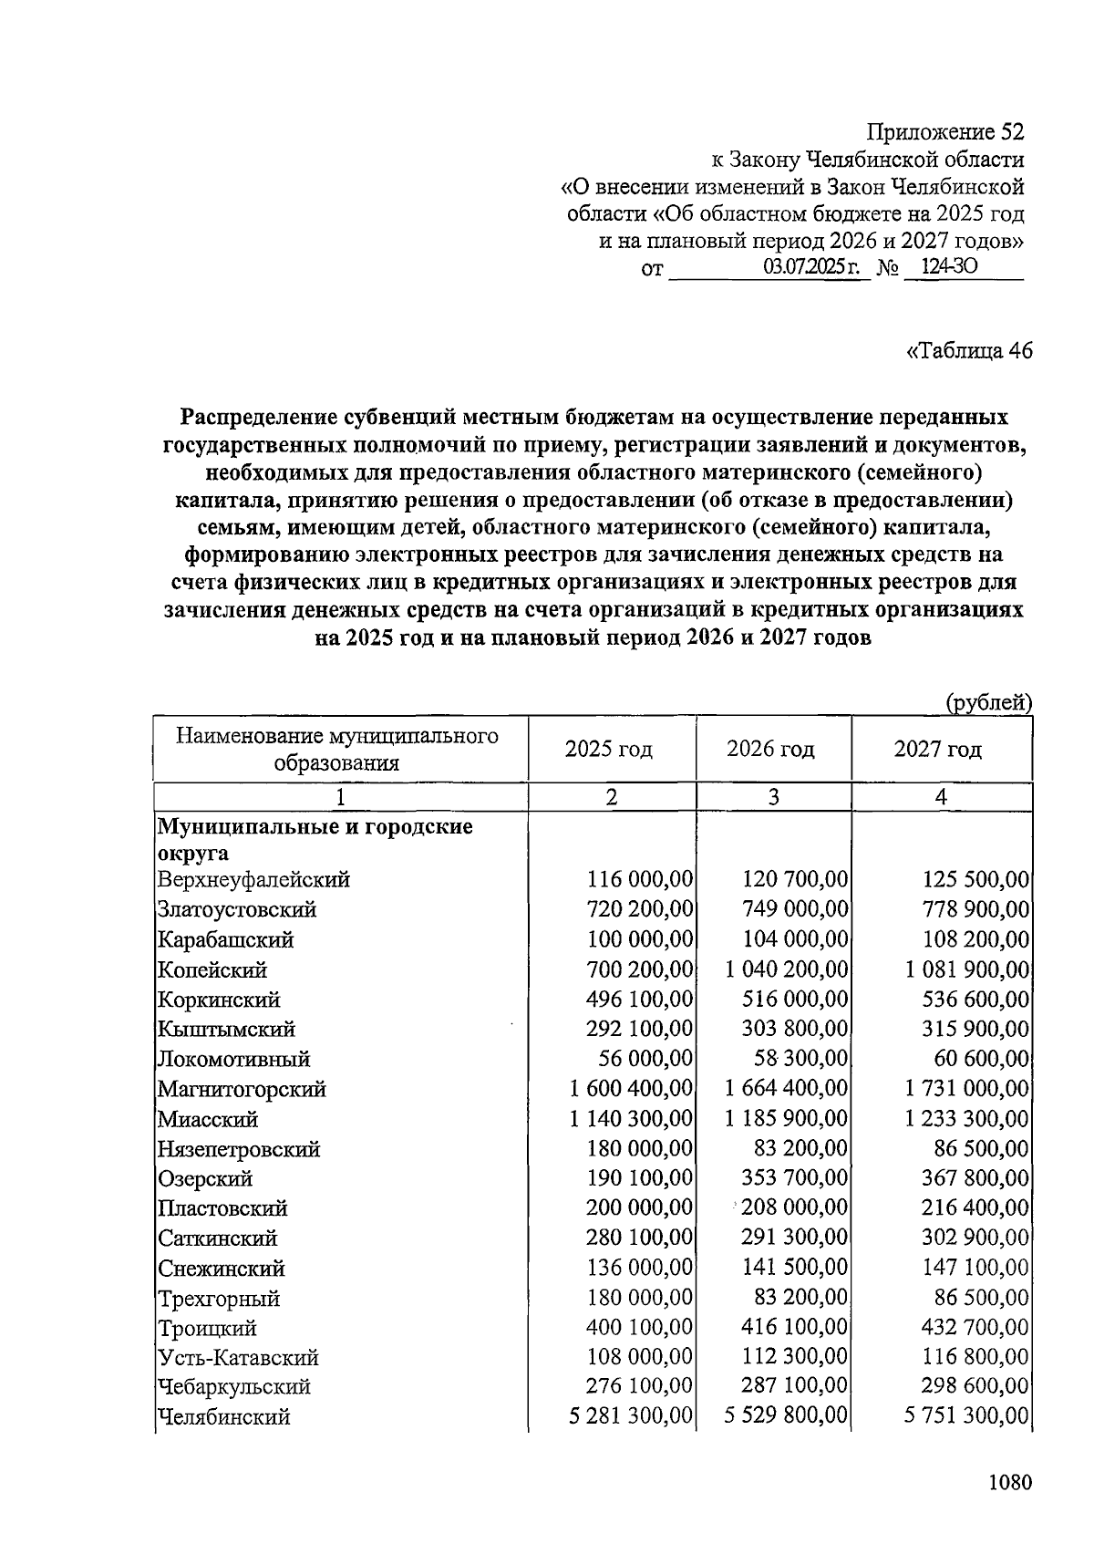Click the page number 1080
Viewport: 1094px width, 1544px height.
click(x=1009, y=1482)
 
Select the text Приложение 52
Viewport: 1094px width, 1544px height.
click(x=944, y=132)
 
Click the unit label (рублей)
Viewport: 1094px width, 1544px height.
click(x=988, y=702)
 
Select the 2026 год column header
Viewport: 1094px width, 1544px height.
click(x=771, y=749)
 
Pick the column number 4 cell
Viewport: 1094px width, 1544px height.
click(x=941, y=797)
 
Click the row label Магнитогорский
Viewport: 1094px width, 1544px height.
click(x=242, y=1089)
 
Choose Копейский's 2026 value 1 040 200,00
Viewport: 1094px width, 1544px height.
click(x=787, y=969)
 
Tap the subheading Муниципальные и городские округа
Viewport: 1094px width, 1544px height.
click(x=315, y=839)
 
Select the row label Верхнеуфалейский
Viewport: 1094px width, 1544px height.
click(x=253, y=880)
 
